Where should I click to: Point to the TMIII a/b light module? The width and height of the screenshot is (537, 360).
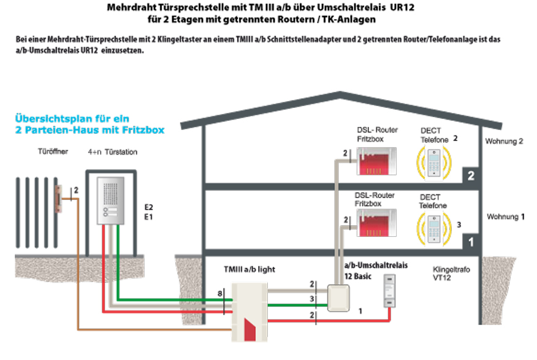(248, 310)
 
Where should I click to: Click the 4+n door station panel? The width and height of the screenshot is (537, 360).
(110, 203)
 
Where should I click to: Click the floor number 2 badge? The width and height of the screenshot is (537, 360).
(471, 176)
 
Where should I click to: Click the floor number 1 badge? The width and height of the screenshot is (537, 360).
(471, 242)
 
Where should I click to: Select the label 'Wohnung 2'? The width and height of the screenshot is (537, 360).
(504, 141)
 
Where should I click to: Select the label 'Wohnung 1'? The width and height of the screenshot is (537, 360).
(505, 217)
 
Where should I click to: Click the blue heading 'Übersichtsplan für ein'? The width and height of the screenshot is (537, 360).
(73, 118)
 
